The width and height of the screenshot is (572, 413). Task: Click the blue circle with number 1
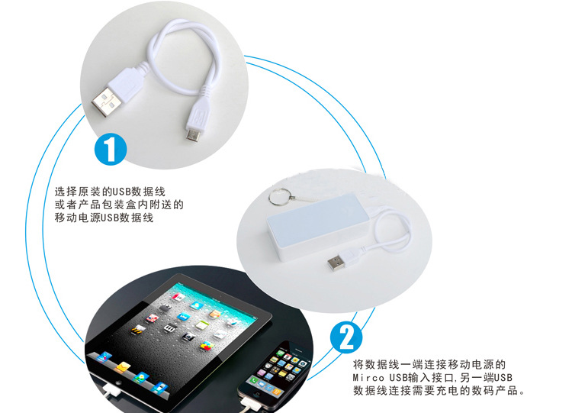pyautogui.click(x=111, y=150)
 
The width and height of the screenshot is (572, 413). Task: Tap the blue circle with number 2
pyautogui.click(x=346, y=337)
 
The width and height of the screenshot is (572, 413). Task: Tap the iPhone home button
pyautogui.click(x=258, y=395)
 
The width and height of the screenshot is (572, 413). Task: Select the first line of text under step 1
pyautogui.click(x=110, y=192)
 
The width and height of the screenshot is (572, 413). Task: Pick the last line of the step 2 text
pyautogui.click(x=439, y=390)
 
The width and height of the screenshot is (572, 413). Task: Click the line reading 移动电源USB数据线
pyautogui.click(x=104, y=218)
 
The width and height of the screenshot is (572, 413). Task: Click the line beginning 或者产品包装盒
pyautogui.click(x=119, y=205)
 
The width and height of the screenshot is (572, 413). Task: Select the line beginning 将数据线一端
pyautogui.click(x=429, y=364)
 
